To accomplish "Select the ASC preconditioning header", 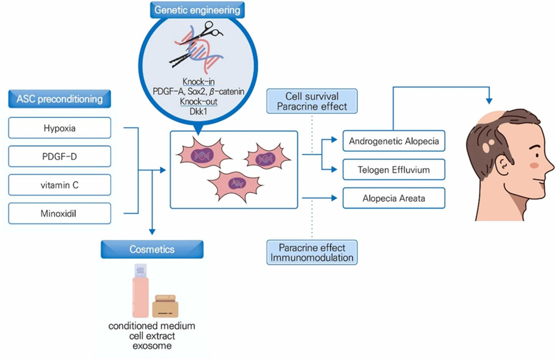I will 59,100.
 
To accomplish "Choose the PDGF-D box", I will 59,156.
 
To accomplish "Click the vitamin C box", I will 59,185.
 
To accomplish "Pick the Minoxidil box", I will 59,213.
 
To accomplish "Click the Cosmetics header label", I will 151,249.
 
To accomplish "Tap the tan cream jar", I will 165,306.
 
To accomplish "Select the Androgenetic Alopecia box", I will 394,141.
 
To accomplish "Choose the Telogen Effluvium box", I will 394,169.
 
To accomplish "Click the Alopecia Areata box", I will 394,198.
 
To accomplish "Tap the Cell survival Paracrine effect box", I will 311,100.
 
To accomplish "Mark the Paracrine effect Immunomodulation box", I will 311,252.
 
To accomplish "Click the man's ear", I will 503,164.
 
